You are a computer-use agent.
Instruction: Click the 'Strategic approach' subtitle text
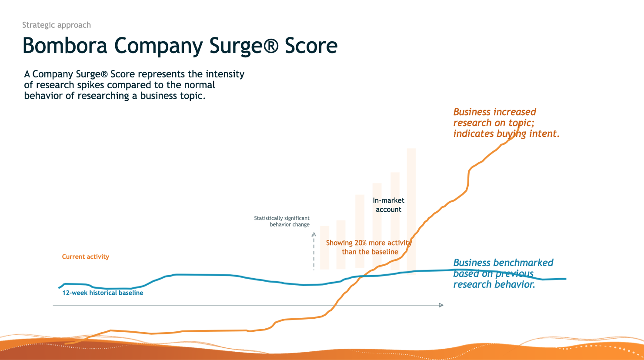(57, 25)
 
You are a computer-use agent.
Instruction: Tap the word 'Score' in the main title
(311, 46)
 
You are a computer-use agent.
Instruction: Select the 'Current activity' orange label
(85, 257)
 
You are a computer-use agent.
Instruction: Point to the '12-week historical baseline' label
(103, 293)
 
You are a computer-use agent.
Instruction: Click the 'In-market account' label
(388, 205)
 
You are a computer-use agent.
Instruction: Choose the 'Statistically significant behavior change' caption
(282, 221)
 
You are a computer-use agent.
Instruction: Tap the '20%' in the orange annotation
(360, 243)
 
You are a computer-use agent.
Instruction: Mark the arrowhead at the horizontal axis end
(441, 305)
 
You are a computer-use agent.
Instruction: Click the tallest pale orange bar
(411, 209)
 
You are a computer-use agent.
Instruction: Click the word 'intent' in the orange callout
(543, 133)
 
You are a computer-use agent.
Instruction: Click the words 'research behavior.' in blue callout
(494, 284)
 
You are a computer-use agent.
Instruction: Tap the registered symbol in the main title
(270, 46)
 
